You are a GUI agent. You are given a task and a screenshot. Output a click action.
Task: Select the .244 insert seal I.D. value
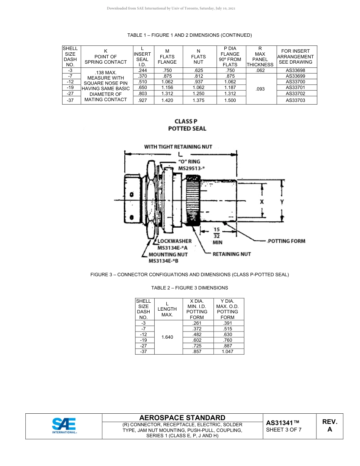[142, 70]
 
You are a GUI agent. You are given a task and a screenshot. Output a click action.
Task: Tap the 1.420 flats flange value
[167, 100]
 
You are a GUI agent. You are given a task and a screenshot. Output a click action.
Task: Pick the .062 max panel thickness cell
[260, 70]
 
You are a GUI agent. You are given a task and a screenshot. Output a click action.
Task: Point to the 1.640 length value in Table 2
[167, 337]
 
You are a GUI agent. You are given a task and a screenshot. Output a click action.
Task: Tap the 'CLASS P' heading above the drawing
[186, 122]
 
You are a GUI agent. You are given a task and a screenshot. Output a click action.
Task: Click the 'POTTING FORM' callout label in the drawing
[286, 241]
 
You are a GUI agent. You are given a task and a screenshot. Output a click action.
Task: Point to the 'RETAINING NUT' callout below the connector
[232, 254]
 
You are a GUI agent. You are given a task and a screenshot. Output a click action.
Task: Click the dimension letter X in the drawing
[262, 202]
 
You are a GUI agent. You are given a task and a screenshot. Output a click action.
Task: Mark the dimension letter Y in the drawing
[282, 202]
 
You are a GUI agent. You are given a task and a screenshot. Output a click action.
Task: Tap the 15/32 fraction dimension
[217, 232]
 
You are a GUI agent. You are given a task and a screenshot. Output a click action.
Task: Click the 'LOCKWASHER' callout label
[174, 241]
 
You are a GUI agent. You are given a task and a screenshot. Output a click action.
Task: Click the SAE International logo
[64, 426]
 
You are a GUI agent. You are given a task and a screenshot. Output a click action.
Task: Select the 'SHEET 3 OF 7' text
[284, 430]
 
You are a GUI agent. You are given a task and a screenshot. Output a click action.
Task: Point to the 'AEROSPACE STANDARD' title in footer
[182, 418]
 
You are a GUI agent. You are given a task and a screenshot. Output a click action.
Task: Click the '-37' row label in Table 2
[143, 352]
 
